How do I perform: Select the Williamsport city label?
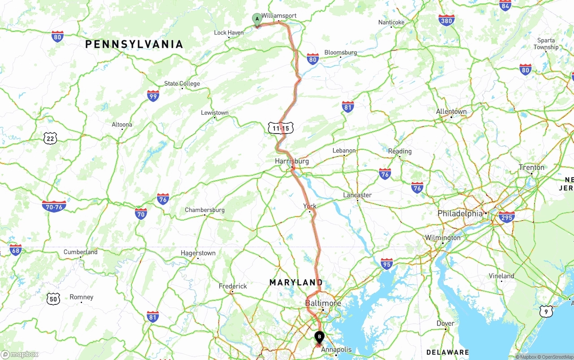tap(279, 16)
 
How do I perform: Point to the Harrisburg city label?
tap(292, 161)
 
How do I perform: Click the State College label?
tap(182, 83)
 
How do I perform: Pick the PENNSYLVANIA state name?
tap(134, 44)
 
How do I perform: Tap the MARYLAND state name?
tap(296, 282)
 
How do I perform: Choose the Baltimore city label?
tap(323, 303)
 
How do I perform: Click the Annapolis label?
tap(337, 349)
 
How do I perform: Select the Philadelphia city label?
tap(460, 213)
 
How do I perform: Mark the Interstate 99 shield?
tap(153, 95)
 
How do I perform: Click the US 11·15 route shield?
tap(281, 128)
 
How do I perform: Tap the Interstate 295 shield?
tap(507, 217)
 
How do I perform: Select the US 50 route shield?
tap(53, 299)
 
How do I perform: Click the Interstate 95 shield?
tap(387, 263)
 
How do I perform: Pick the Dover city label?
tap(445, 323)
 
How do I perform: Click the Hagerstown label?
tap(198, 253)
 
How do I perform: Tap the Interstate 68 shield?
tap(16, 250)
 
